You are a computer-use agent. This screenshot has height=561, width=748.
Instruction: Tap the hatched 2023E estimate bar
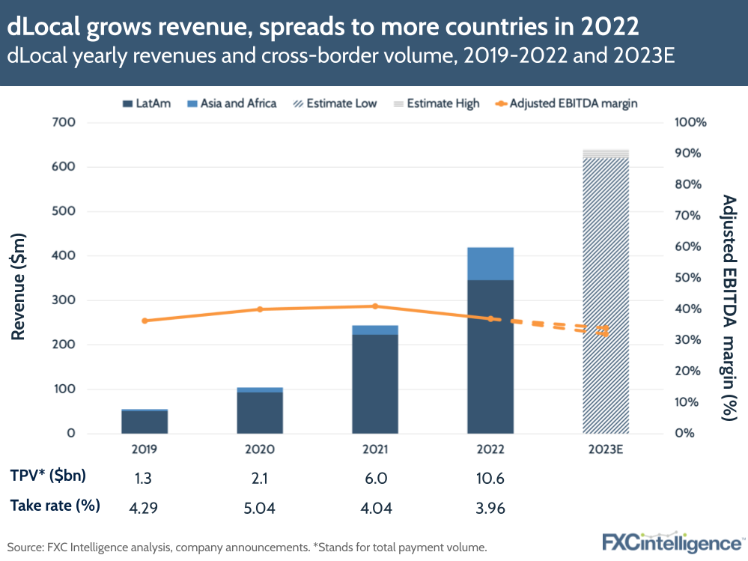606,300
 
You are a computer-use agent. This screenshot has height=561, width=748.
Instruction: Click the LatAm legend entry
145,103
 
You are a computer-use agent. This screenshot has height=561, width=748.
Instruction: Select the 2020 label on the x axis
260,450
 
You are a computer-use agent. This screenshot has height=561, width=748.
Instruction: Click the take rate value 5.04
260,509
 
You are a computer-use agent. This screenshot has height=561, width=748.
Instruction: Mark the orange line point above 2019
145,321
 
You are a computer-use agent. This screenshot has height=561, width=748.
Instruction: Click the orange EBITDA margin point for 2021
375,306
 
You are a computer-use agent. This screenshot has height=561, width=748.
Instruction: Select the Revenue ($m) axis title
19,278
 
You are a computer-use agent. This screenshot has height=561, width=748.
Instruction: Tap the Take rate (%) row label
55,506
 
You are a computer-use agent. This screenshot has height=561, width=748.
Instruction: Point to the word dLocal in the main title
37,26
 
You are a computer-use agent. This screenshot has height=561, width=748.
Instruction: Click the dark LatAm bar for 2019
145,422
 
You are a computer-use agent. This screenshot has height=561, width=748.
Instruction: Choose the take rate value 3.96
490,509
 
